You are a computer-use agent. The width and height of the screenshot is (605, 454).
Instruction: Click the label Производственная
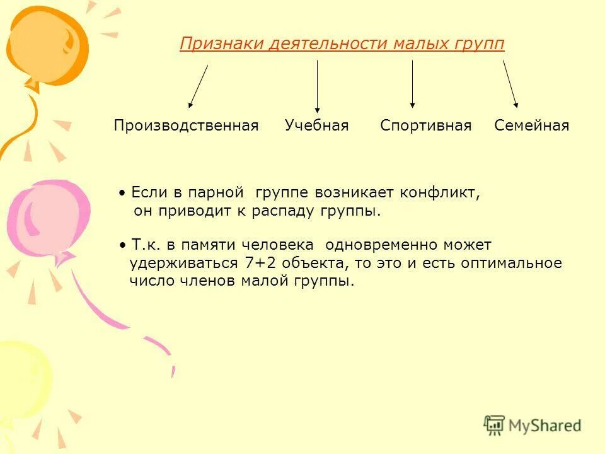[x=186, y=125]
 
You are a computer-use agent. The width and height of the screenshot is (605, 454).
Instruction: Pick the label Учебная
[x=316, y=125]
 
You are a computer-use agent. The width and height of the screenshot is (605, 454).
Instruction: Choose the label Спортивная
[x=425, y=125]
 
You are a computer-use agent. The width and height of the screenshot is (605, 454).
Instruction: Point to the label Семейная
[x=531, y=125]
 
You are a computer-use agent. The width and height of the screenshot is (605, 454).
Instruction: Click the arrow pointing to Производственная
[x=198, y=86]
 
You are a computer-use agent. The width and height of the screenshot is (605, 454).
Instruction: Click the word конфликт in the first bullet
[x=444, y=193]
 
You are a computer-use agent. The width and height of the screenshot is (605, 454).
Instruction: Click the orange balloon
[x=47, y=44]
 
